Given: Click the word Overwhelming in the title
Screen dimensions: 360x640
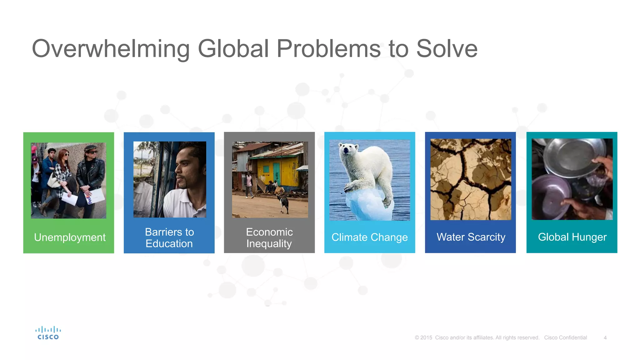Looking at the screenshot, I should (111, 49).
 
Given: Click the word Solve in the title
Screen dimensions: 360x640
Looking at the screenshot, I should (447, 49).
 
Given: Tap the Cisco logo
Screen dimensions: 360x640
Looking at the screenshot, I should (48, 333).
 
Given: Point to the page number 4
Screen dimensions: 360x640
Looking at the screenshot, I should (605, 338).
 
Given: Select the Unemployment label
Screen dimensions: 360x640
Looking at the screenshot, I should (70, 237).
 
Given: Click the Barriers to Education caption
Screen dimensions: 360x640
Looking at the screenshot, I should (169, 238).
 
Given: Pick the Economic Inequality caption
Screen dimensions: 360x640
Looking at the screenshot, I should (269, 238).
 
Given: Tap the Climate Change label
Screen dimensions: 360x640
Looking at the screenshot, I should (369, 237).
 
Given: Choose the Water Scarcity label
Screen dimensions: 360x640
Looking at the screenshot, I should (471, 237).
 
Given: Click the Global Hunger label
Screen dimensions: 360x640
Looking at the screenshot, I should (572, 237).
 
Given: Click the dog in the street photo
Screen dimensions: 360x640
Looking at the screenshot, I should (284, 203).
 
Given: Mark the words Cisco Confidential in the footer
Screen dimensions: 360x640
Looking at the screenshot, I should (565, 338).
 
